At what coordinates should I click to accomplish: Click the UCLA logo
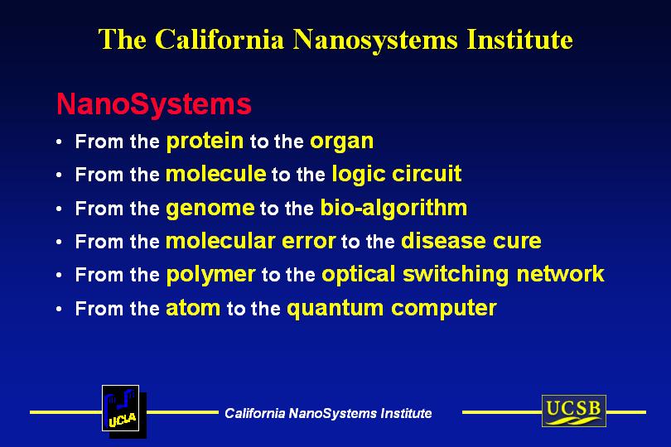pos(124,411)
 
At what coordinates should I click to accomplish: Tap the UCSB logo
pos(574,411)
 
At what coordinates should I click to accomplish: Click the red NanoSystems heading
pos(153,104)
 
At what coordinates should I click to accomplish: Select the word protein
pos(205,142)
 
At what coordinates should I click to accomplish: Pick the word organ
pos(342,142)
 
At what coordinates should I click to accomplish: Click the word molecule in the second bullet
pos(216,174)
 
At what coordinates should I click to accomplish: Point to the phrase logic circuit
pos(397,175)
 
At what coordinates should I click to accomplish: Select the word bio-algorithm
pos(393,209)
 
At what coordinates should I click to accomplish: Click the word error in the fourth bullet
pos(308,242)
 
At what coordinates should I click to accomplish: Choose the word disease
pos(443,241)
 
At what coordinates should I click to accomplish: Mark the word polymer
pos(211,276)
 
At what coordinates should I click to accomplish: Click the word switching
pos(456,275)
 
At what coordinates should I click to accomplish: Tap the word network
pos(561,274)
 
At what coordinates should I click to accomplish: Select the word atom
pos(193,309)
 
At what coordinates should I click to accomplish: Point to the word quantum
pos(335,309)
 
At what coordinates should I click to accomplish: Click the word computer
pos(444,309)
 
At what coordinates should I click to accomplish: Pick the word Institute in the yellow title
pos(519,40)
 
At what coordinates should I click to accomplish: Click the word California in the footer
pos(254,413)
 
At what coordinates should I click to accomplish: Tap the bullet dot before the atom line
pos(59,309)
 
